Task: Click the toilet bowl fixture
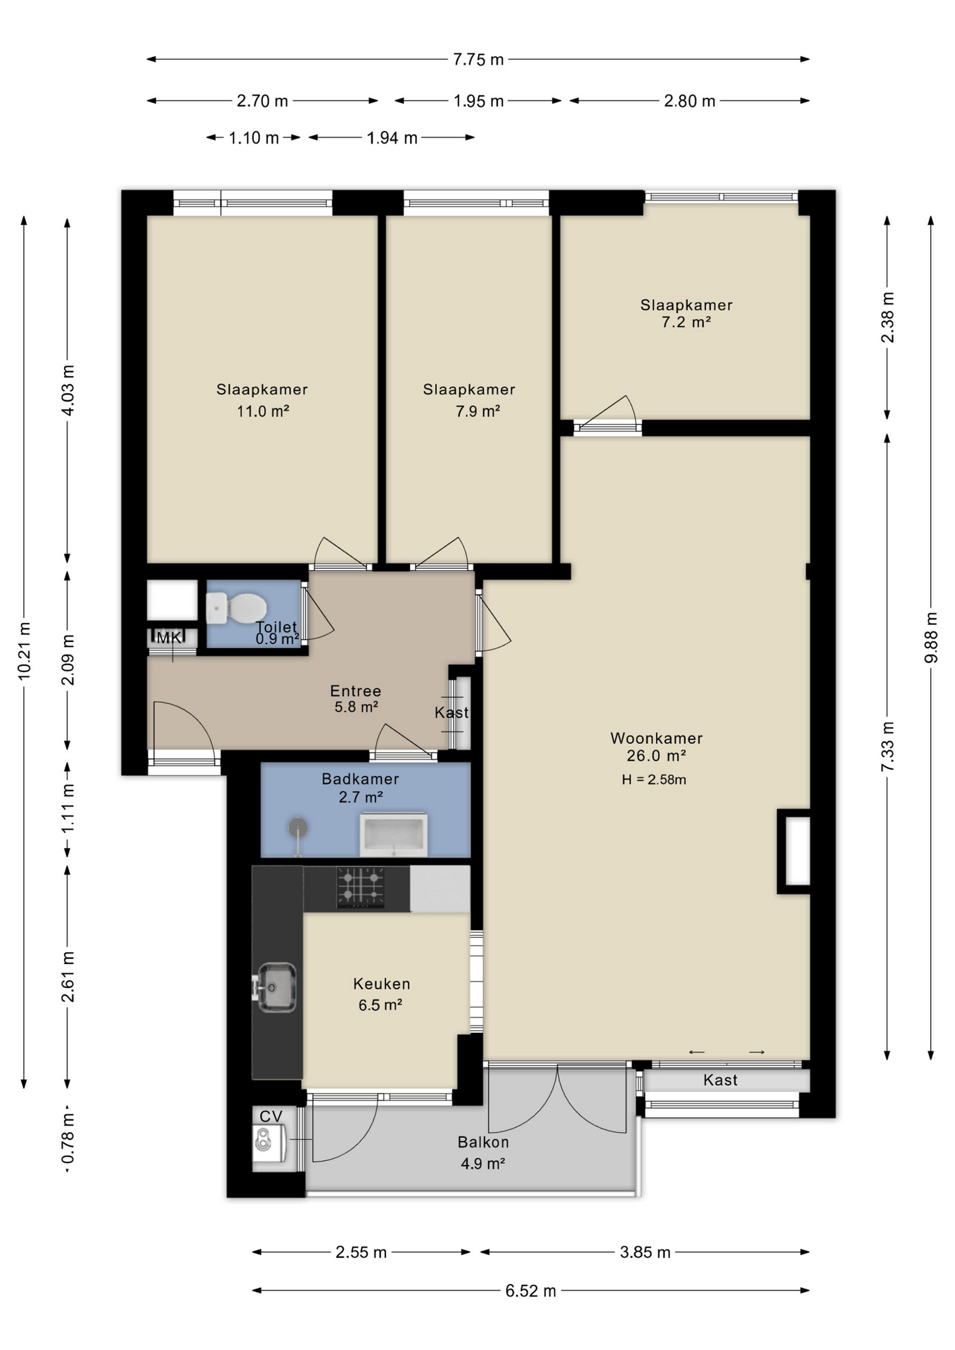click(x=236, y=608)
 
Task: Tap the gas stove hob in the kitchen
click(x=361, y=887)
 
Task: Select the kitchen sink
click(x=275, y=987)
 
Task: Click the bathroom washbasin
click(x=393, y=835)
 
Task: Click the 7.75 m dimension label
click(x=478, y=60)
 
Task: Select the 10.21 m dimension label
click(x=25, y=651)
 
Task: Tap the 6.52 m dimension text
click(x=530, y=1291)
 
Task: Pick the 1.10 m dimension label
click(x=254, y=138)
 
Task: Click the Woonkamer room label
click(x=656, y=738)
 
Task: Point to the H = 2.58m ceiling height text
click(x=654, y=779)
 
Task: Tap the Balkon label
click(x=483, y=1142)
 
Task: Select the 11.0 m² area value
click(x=263, y=411)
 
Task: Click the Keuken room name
click(x=382, y=984)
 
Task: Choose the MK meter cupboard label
click(x=168, y=638)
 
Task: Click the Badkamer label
click(x=360, y=779)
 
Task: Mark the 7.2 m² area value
click(x=686, y=322)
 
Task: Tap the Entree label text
click(x=356, y=691)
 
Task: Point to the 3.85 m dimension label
click(x=645, y=1252)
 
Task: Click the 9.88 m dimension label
click(x=931, y=638)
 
